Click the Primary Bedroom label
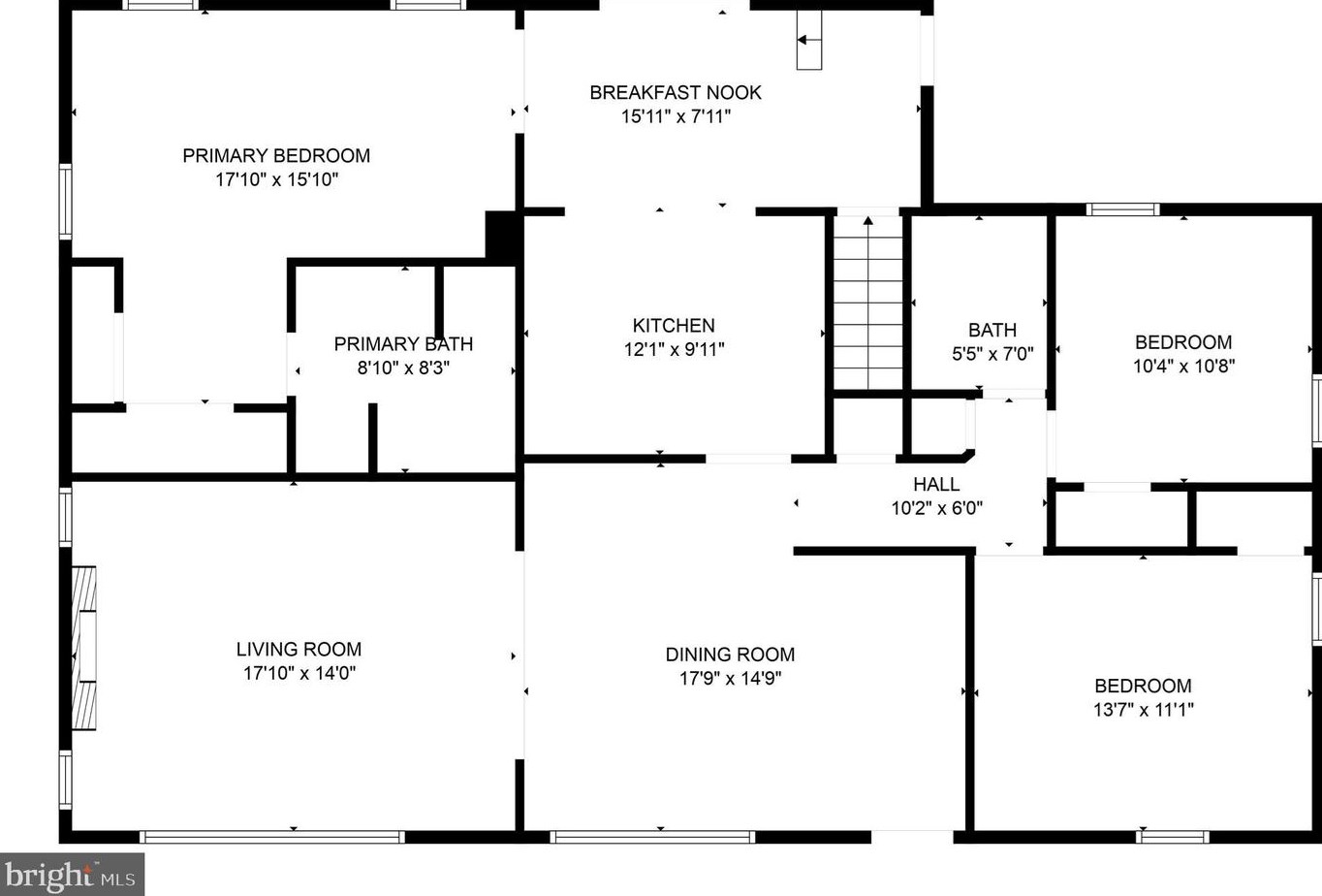pyautogui.click(x=276, y=156)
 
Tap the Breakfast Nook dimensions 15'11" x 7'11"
pyautogui.click(x=676, y=116)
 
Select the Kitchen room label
pyautogui.click(x=674, y=326)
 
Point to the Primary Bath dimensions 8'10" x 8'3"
pyautogui.click(x=403, y=368)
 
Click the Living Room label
pyautogui.click(x=299, y=649)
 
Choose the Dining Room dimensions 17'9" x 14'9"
pyautogui.click(x=730, y=678)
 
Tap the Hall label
pyautogui.click(x=936, y=484)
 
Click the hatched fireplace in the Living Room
pyautogui.click(x=83, y=648)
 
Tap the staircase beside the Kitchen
pyautogui.click(x=867, y=303)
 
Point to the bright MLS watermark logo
pyautogui.click(x=72, y=875)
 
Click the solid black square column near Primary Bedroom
pyautogui.click(x=503, y=235)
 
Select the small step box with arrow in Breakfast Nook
pyautogui.click(x=809, y=40)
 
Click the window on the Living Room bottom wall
pyautogui.click(x=272, y=837)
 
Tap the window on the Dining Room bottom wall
pyautogui.click(x=652, y=837)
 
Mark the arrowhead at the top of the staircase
pyautogui.click(x=867, y=221)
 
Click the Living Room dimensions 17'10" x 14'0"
pyautogui.click(x=299, y=673)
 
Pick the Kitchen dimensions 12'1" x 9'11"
pyautogui.click(x=674, y=350)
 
